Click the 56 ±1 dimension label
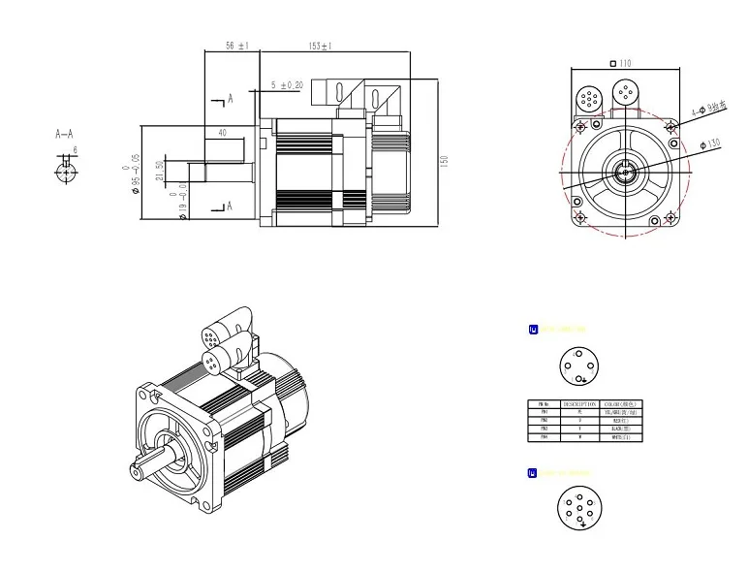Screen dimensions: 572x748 coord(236,46)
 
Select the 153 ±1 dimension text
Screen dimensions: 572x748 coord(320,46)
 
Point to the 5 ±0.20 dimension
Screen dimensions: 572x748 coord(286,85)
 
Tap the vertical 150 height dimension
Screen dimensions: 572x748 coord(445,161)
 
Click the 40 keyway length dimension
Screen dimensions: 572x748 coord(223,133)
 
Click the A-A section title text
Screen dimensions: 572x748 coord(65,135)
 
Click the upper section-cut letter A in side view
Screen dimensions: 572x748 coord(230,99)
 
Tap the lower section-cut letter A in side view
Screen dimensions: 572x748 coord(230,207)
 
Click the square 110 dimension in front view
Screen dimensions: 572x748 coord(621,64)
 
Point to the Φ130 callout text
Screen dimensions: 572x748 coord(709,144)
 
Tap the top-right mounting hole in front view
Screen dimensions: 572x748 coord(670,126)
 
